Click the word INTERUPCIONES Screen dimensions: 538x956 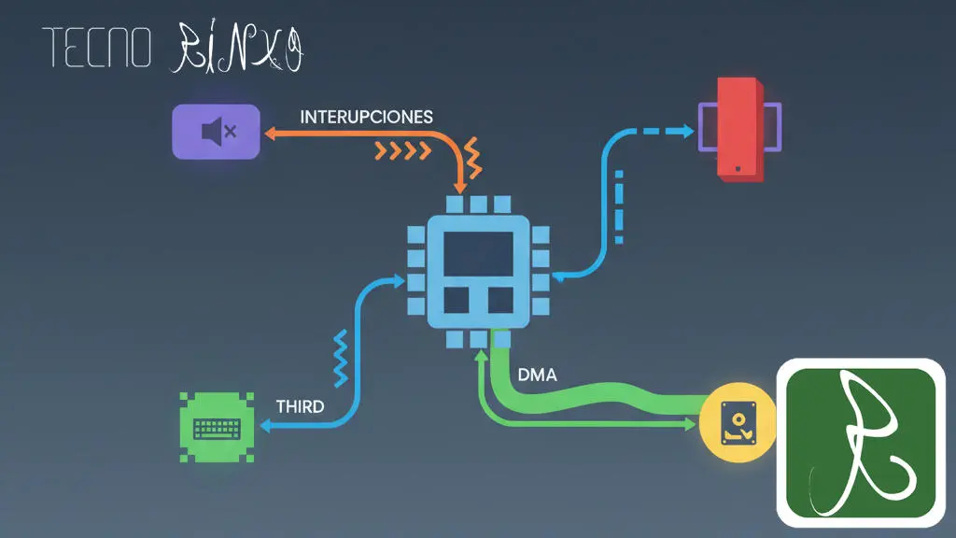tap(366, 118)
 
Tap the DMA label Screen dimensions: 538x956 tap(536, 375)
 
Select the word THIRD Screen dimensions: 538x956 tap(301, 406)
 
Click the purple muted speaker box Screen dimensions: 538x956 tap(216, 132)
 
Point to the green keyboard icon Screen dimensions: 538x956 tap(217, 428)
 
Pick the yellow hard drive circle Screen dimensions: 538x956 tap(738, 426)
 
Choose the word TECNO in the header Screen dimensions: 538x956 tap(96, 50)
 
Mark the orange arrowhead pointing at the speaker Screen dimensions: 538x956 tap(269, 134)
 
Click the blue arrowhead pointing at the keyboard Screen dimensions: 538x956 tap(265, 426)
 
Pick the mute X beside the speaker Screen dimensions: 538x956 tap(230, 132)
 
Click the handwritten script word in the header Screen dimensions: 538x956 tap(239, 50)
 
